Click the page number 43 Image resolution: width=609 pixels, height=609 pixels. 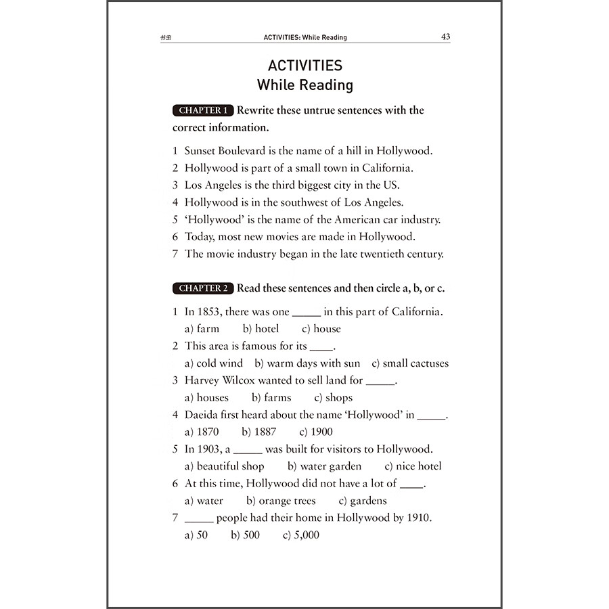point(445,37)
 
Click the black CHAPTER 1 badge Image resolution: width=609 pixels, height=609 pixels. point(203,110)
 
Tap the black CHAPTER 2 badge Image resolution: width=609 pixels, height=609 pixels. point(203,288)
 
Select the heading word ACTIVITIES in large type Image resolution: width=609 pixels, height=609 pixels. point(305,66)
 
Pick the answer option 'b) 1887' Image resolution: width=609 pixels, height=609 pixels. point(258,432)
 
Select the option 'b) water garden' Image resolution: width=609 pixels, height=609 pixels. point(324,466)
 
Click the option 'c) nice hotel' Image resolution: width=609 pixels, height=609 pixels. point(413,466)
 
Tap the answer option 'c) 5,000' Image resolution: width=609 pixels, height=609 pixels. point(301,535)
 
